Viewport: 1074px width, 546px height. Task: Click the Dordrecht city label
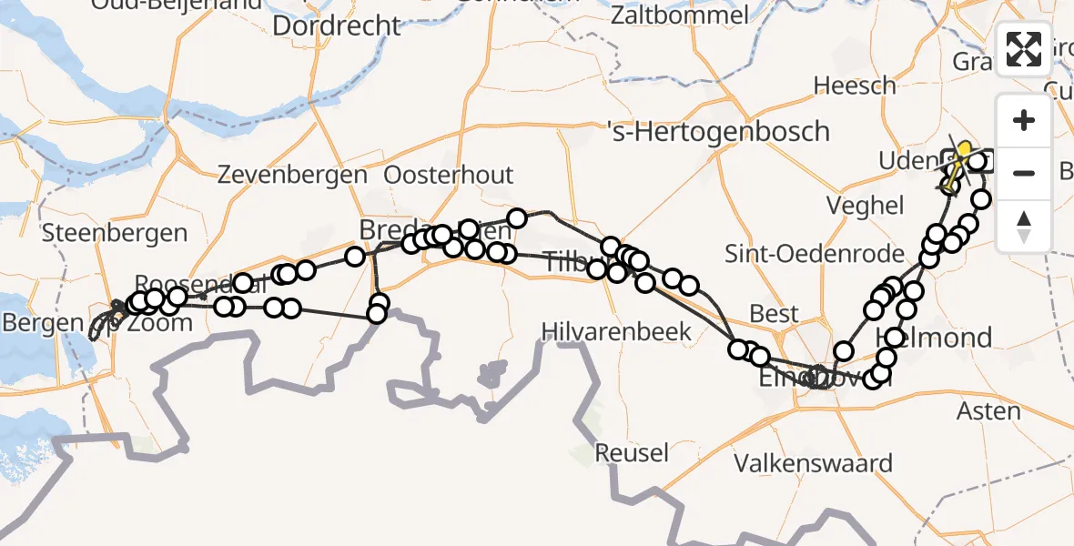coord(336,25)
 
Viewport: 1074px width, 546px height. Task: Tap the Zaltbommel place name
coord(681,15)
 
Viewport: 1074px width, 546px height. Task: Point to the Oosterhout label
coord(449,175)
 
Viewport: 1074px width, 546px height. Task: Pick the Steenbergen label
coord(115,232)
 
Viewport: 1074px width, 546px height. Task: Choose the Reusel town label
coord(632,452)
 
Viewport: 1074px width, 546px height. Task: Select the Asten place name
coord(988,411)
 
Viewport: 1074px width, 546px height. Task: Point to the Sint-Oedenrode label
coord(815,254)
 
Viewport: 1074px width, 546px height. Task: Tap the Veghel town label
coord(866,205)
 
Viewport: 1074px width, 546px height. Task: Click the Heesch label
coord(855,86)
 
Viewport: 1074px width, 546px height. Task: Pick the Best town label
coord(774,314)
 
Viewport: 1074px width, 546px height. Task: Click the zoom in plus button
coord(1024,120)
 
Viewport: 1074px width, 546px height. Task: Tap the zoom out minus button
coord(1024,173)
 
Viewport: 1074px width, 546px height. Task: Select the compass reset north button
coord(1024,226)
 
